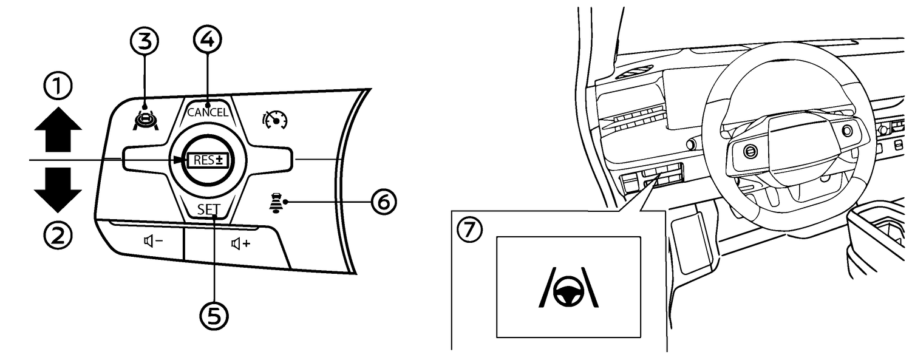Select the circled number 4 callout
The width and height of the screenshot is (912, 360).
[x=207, y=40]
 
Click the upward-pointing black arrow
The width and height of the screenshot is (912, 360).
[x=58, y=131]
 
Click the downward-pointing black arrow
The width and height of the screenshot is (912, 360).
[x=58, y=189]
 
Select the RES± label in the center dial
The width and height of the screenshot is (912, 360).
[x=208, y=161]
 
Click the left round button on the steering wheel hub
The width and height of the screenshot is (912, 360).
[x=750, y=151]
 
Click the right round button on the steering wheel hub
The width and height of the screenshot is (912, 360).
[x=846, y=131]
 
